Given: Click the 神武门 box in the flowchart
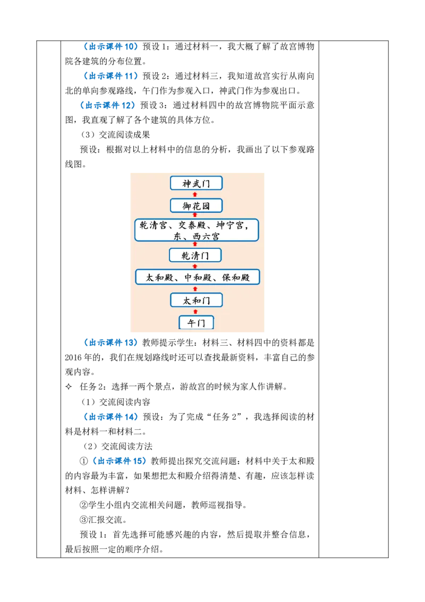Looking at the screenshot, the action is (196, 183).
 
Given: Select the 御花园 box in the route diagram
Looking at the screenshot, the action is (196, 206).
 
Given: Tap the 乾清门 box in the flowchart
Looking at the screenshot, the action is (195, 255).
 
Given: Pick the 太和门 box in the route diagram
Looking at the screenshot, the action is (196, 300).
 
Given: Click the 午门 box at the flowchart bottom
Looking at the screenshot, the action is (196, 322).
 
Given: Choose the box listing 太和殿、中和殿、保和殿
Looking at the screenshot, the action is (198, 277).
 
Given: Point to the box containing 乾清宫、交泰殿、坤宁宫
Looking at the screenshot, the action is (197, 230).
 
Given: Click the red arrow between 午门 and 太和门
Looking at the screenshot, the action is (195, 312).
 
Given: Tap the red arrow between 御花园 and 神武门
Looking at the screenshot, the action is (195, 195).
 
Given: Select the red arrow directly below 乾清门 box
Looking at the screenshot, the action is (195, 266).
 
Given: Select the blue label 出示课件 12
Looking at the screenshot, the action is (108, 105).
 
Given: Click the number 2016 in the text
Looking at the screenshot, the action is (73, 357).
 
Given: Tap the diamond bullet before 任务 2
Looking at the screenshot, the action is (69, 387).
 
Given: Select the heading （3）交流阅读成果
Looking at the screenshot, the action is (115, 135).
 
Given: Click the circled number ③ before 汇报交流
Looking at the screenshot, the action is (83, 520).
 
